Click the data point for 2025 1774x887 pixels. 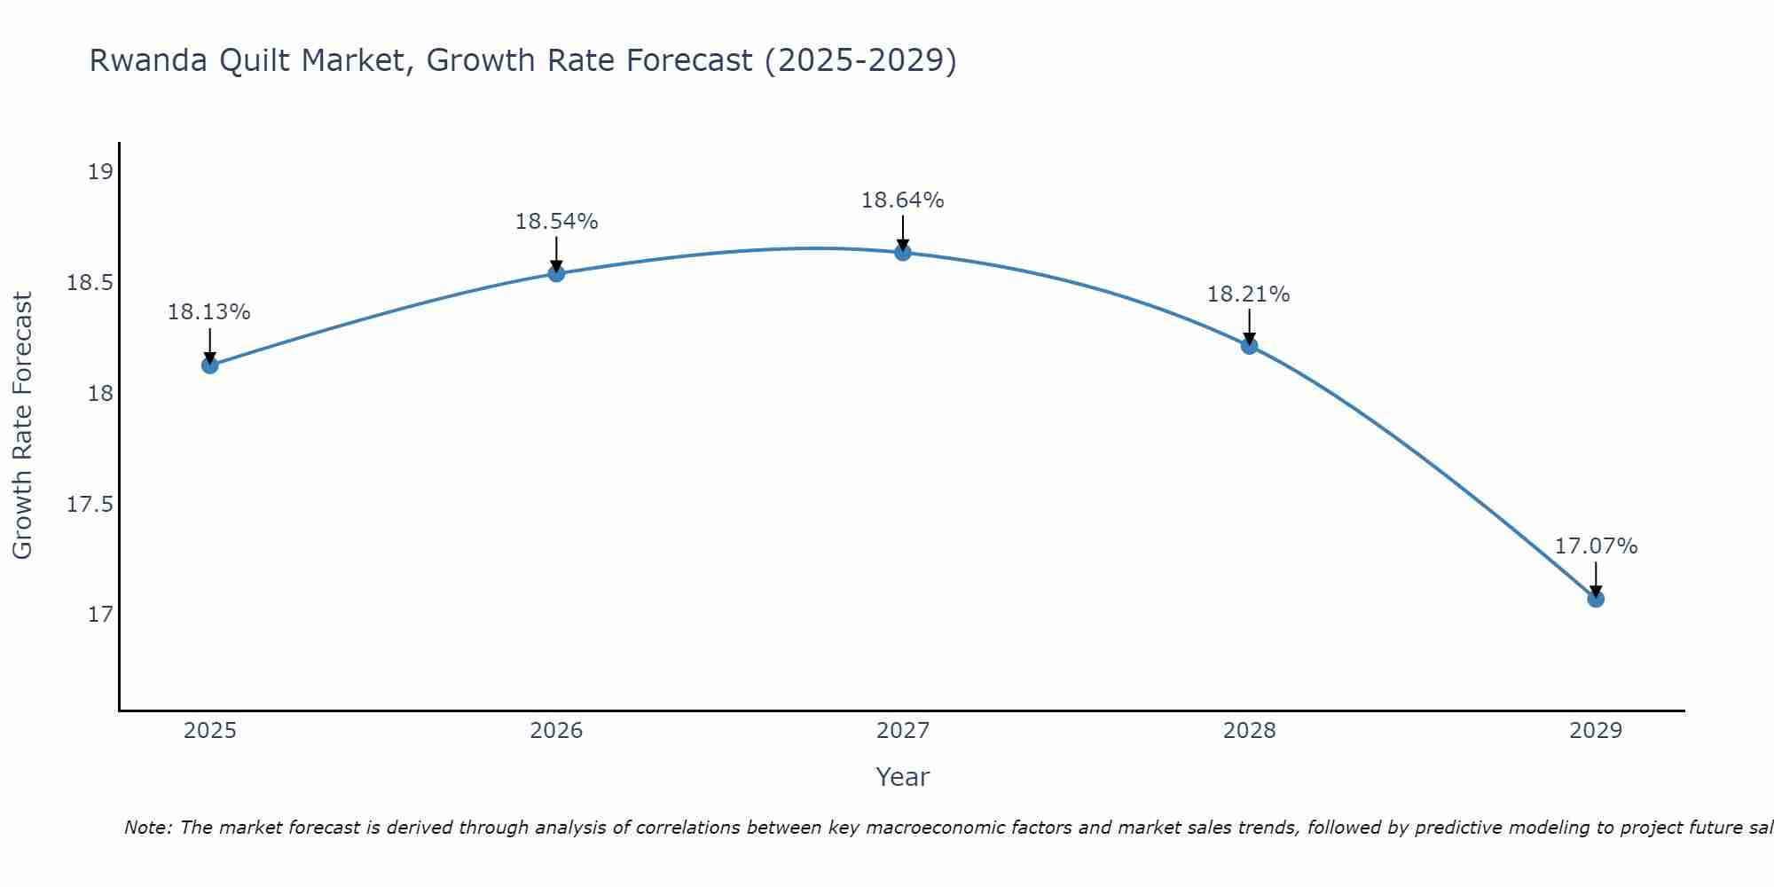click(210, 365)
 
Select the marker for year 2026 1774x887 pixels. click(556, 273)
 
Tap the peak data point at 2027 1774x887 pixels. click(903, 253)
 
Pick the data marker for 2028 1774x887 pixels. click(1249, 346)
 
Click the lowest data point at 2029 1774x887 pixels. click(1596, 599)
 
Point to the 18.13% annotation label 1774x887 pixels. click(209, 312)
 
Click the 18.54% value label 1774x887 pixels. click(556, 222)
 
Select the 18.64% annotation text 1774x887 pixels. click(902, 200)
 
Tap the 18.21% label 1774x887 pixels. click(1248, 294)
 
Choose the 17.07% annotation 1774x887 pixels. click(1596, 546)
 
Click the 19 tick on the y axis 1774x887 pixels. click(101, 172)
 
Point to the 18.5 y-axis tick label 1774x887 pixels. click(90, 283)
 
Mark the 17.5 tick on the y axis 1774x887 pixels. click(90, 505)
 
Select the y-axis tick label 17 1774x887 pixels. click(101, 615)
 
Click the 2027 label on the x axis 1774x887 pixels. click(903, 731)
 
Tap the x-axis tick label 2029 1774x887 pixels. click(1596, 731)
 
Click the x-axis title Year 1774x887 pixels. click(902, 777)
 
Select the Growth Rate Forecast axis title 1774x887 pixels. click(22, 425)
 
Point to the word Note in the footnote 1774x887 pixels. click(146, 828)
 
